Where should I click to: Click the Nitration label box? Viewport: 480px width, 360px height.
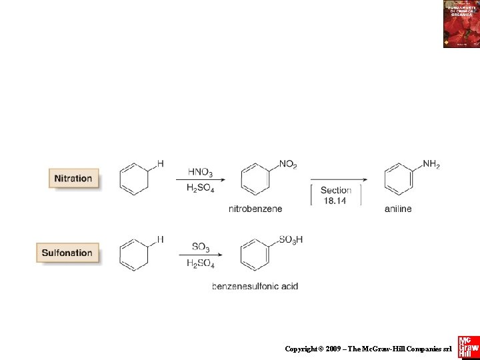coord(73,179)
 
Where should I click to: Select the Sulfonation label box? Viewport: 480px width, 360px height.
coord(67,253)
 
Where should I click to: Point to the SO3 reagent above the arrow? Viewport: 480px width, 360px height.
coord(201,247)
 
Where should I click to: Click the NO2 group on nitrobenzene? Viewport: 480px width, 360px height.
coord(288,164)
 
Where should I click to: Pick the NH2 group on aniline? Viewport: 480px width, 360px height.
coord(431,164)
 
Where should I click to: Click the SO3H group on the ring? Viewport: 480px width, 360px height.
coord(291,239)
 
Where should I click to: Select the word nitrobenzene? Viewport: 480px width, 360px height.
coord(255,209)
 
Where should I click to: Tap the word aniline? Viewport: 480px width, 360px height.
coord(398,209)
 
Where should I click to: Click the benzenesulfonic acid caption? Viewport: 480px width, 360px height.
coord(255,286)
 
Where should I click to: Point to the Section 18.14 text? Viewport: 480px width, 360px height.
coord(336,195)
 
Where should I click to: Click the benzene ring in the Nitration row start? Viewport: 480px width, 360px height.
coord(134,179)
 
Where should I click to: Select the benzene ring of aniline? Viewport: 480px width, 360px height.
coord(399,179)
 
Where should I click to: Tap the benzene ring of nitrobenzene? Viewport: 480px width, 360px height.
coord(255,179)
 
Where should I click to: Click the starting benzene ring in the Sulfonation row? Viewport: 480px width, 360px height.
coord(134,255)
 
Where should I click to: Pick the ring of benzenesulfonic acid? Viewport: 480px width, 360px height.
coord(255,255)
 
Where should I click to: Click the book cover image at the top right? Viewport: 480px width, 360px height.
coord(461,24)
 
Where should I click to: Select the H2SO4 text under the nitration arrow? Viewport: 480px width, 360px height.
coord(201,189)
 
